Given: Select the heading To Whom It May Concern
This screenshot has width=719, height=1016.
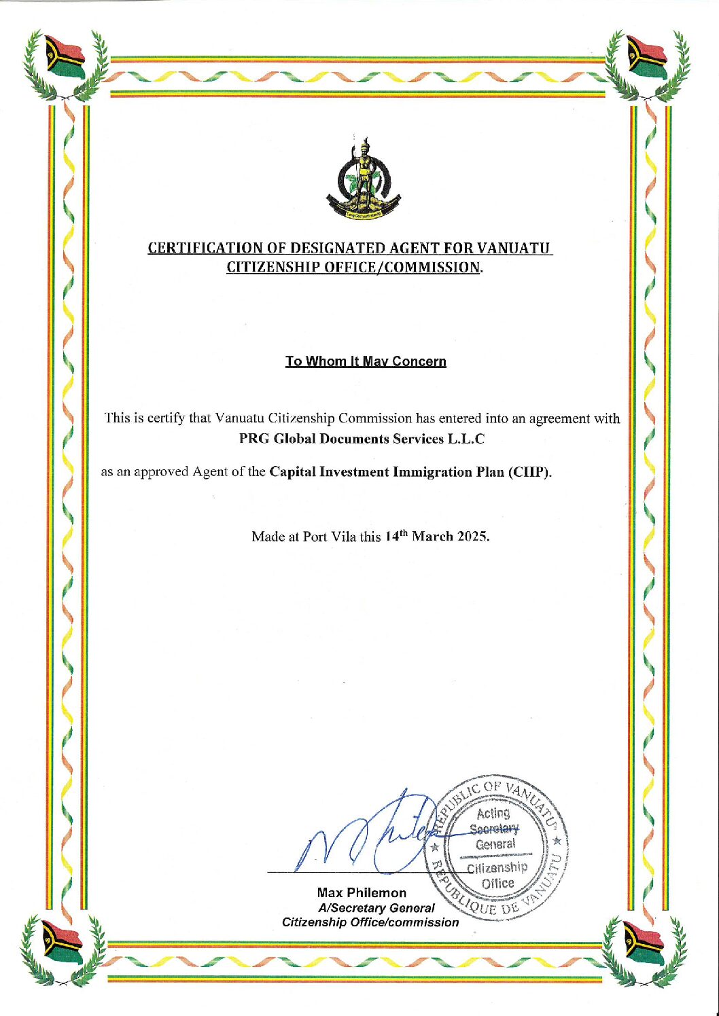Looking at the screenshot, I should tap(366, 361).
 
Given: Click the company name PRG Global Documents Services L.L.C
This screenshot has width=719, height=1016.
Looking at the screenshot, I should tap(362, 439).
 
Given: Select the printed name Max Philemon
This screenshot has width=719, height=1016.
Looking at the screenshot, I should tap(362, 892).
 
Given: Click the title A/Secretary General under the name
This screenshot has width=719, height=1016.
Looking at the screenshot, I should tap(376, 907).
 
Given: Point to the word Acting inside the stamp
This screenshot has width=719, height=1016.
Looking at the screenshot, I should tap(493, 813).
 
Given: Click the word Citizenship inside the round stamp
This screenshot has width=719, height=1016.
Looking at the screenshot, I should tap(497, 867).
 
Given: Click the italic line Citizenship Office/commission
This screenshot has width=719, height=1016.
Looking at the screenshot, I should tap(370, 922).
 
